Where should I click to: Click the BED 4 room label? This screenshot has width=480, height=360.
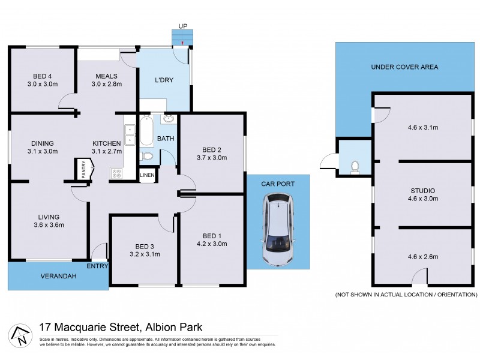coord(41,76)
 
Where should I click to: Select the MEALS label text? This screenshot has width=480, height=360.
coord(106,76)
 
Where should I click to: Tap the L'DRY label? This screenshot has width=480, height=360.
coord(164,80)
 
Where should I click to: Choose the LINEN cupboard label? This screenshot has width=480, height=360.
coord(147,175)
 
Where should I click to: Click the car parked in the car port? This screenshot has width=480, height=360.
coord(278,229)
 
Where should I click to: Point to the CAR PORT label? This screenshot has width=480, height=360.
coord(278,184)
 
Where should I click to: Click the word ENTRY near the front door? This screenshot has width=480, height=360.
coord(97,266)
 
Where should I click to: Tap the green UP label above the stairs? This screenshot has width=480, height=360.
coord(182,26)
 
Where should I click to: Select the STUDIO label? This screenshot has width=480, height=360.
coord(423,190)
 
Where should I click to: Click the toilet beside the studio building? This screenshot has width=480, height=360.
coord(354,164)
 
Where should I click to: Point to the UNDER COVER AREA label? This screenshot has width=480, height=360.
coord(404,67)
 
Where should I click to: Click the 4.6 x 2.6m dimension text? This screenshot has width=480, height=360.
coord(423,257)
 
